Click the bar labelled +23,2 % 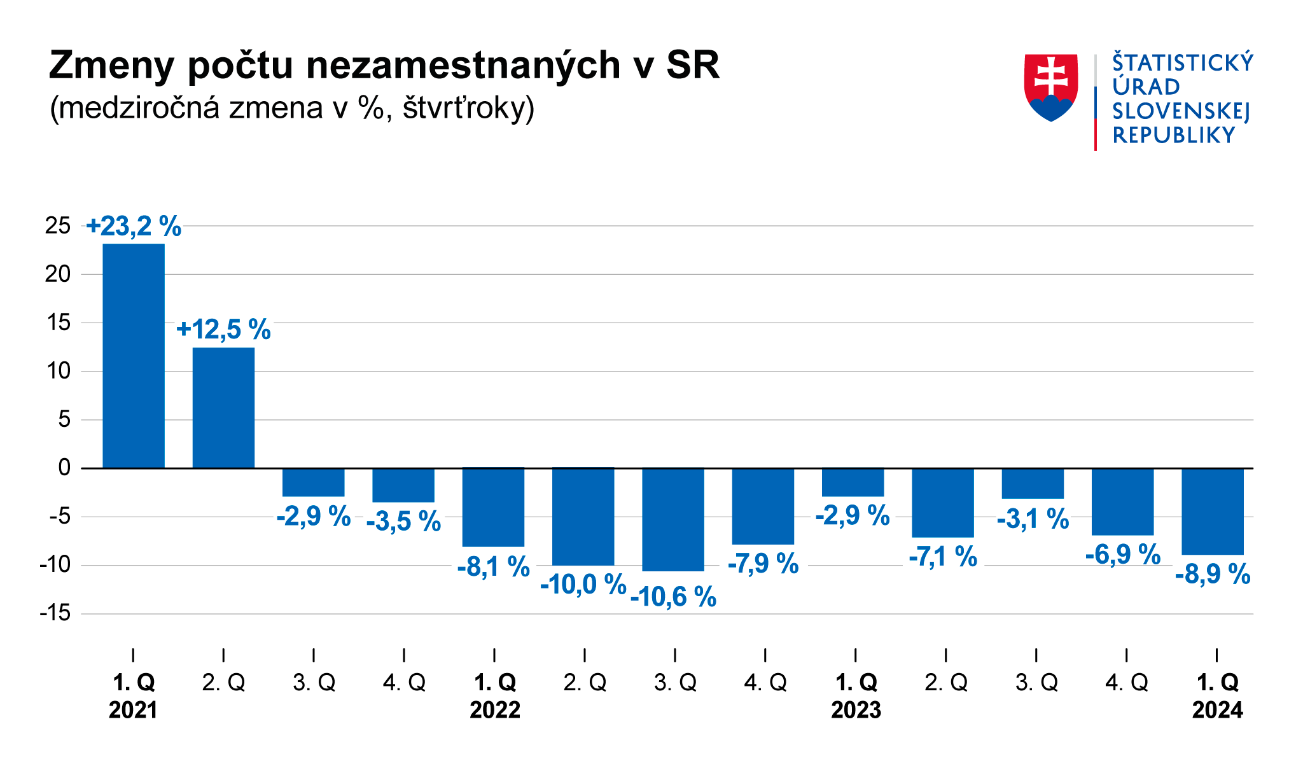(134, 356)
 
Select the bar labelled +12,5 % (223, 408)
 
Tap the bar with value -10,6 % (673, 519)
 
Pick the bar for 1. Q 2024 (1213, 511)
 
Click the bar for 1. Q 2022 (493, 507)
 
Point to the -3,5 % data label (403, 522)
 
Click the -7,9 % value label (763, 564)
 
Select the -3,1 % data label (1033, 519)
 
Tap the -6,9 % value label (1123, 555)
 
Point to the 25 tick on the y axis (58, 225)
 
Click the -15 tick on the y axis (55, 613)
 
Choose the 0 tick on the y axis (64, 468)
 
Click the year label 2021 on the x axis (133, 710)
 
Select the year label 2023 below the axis (856, 710)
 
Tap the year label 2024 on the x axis (1217, 710)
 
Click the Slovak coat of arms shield (1051, 87)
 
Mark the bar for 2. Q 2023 (942, 503)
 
